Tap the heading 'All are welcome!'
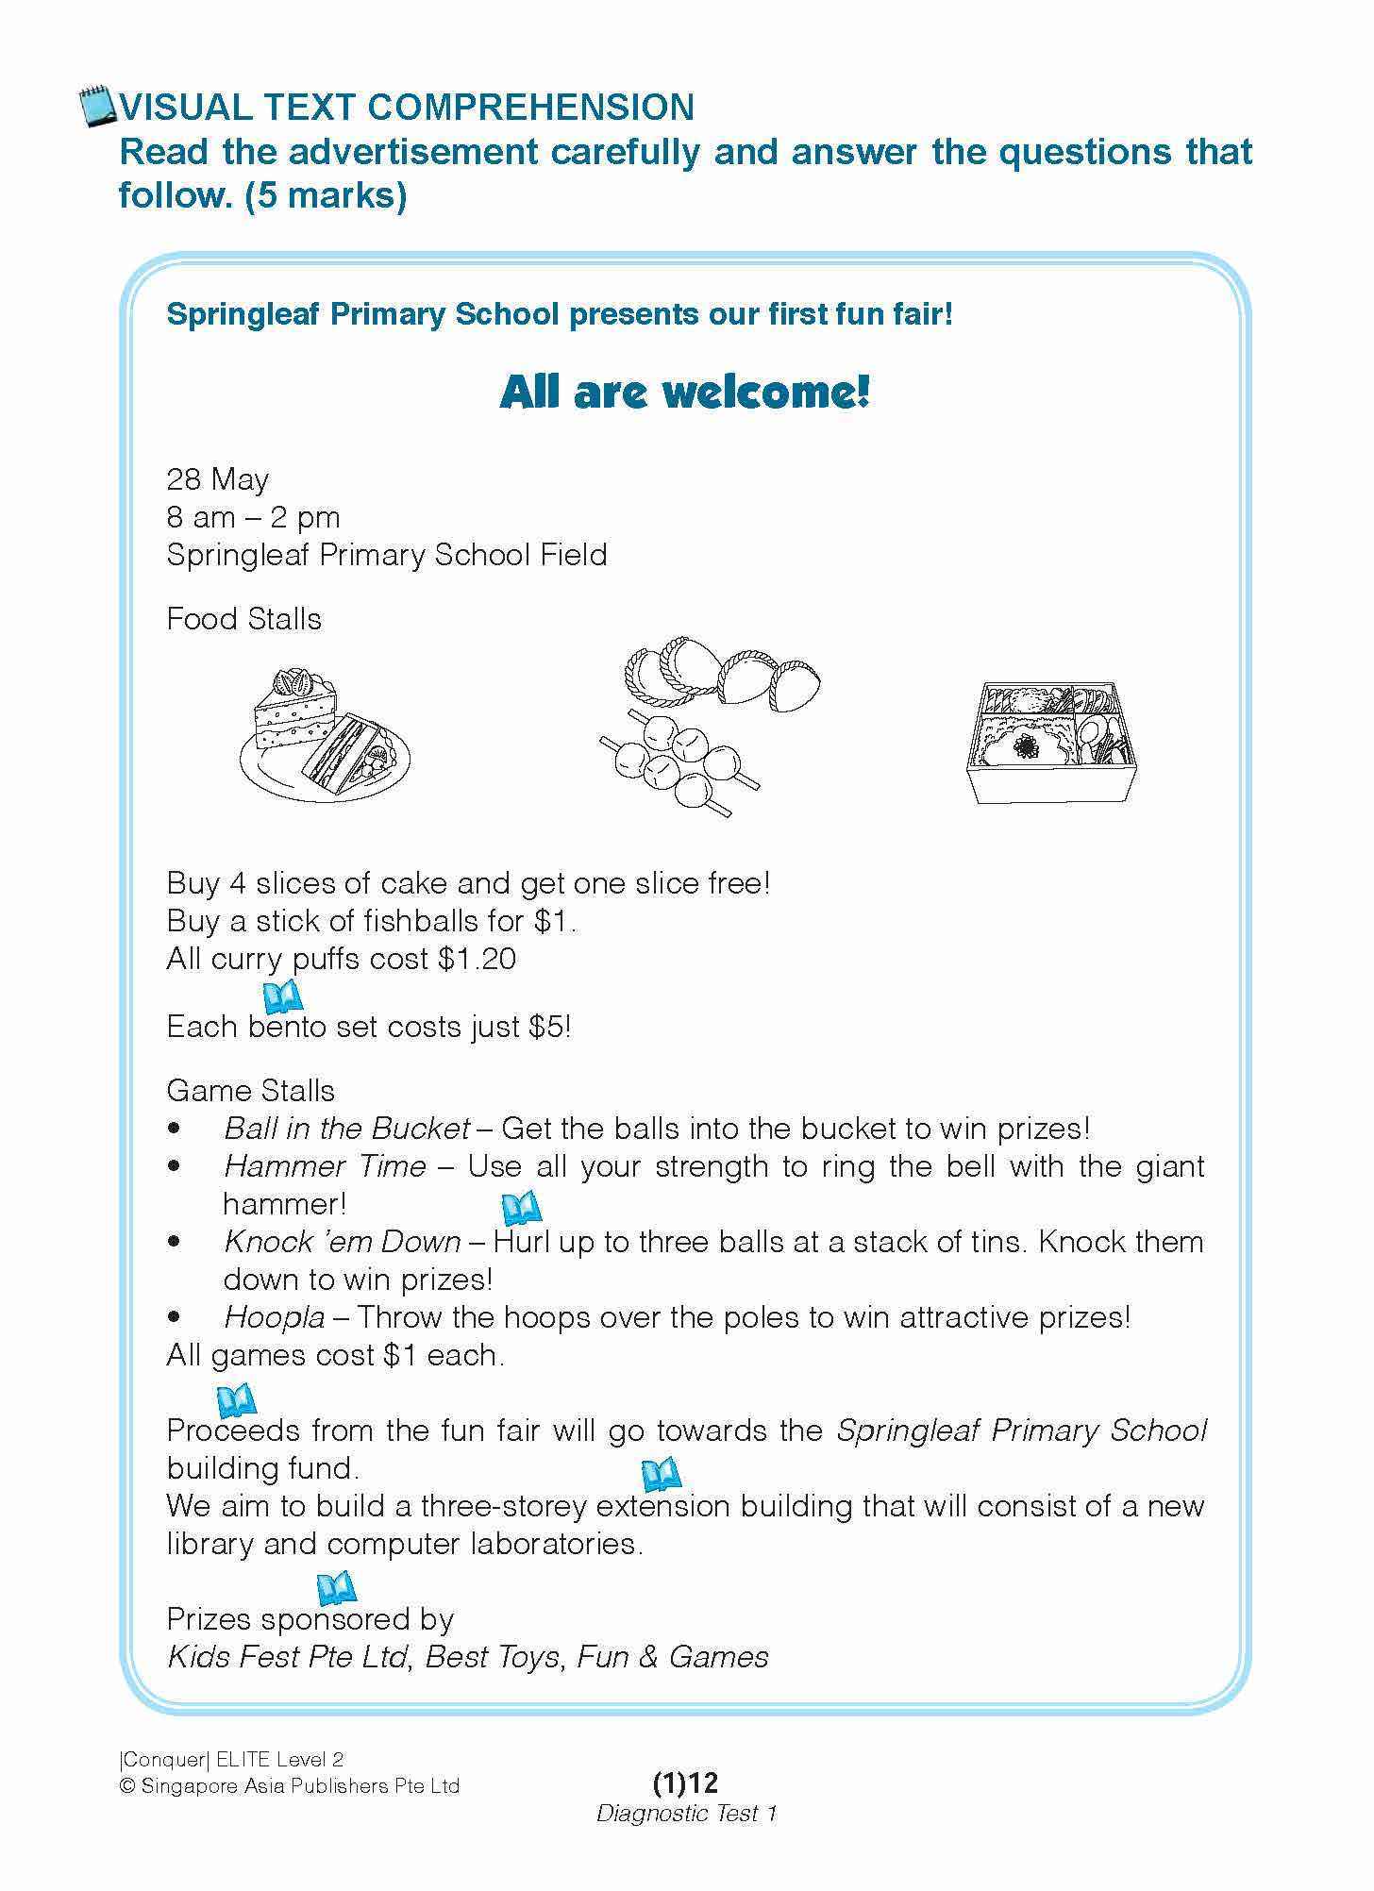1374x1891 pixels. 684,392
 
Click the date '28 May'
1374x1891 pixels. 217,479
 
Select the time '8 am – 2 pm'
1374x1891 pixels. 253,517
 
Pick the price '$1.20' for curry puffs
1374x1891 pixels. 477,960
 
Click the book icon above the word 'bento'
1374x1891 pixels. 281,996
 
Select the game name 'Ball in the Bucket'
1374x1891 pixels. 346,1129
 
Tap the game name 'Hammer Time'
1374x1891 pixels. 325,1166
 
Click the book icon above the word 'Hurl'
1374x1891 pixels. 520,1207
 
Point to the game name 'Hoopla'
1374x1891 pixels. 275,1317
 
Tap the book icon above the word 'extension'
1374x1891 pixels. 660,1474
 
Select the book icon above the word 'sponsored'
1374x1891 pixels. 336,1588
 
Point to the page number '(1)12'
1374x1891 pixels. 685,1782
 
